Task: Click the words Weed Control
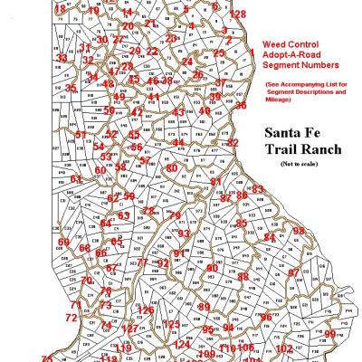click(x=289, y=43)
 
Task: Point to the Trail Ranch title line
click(x=302, y=149)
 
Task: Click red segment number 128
click(x=237, y=14)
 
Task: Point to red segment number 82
click(x=233, y=143)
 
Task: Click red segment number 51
click(x=81, y=135)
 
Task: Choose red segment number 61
click(x=76, y=179)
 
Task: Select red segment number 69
click(x=63, y=242)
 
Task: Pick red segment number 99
click(x=329, y=334)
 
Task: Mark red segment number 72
click(x=71, y=318)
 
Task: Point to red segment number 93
click(x=184, y=233)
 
